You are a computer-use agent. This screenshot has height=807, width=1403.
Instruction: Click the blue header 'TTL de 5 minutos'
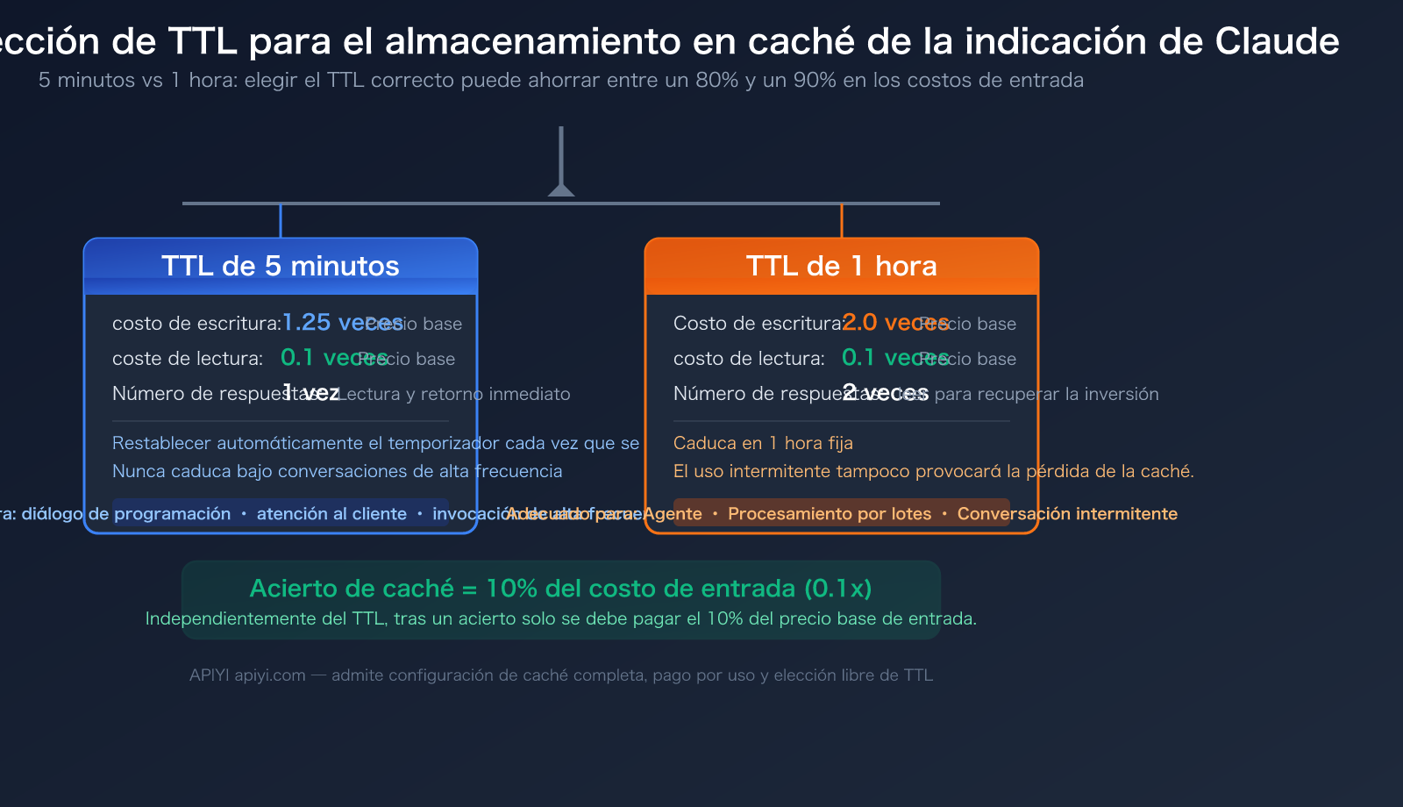[281, 266]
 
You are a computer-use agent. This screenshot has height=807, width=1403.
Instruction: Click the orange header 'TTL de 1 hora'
[842, 266]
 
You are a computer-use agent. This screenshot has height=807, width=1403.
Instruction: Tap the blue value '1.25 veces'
[342, 322]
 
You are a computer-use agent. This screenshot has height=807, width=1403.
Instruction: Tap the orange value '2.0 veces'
[894, 322]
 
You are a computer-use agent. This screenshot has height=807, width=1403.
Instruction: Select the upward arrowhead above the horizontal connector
[561, 189]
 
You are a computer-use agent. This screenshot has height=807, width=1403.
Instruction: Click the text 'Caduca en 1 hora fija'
[763, 443]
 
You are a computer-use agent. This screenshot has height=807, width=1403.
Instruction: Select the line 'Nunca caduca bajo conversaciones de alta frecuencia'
[337, 471]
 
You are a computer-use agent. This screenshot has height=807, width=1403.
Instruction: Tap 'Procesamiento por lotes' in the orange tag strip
[830, 513]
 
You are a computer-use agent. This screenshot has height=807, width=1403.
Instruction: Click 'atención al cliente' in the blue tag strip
[331, 513]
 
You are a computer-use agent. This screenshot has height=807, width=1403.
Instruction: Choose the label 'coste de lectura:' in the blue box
[188, 358]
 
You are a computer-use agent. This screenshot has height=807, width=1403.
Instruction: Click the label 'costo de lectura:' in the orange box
[749, 358]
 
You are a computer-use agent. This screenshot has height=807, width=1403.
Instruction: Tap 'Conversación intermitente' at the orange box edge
[1067, 513]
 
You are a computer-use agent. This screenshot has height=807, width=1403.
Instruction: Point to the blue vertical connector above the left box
[281, 220]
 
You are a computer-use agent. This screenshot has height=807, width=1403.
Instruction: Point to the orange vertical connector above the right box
[842, 220]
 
